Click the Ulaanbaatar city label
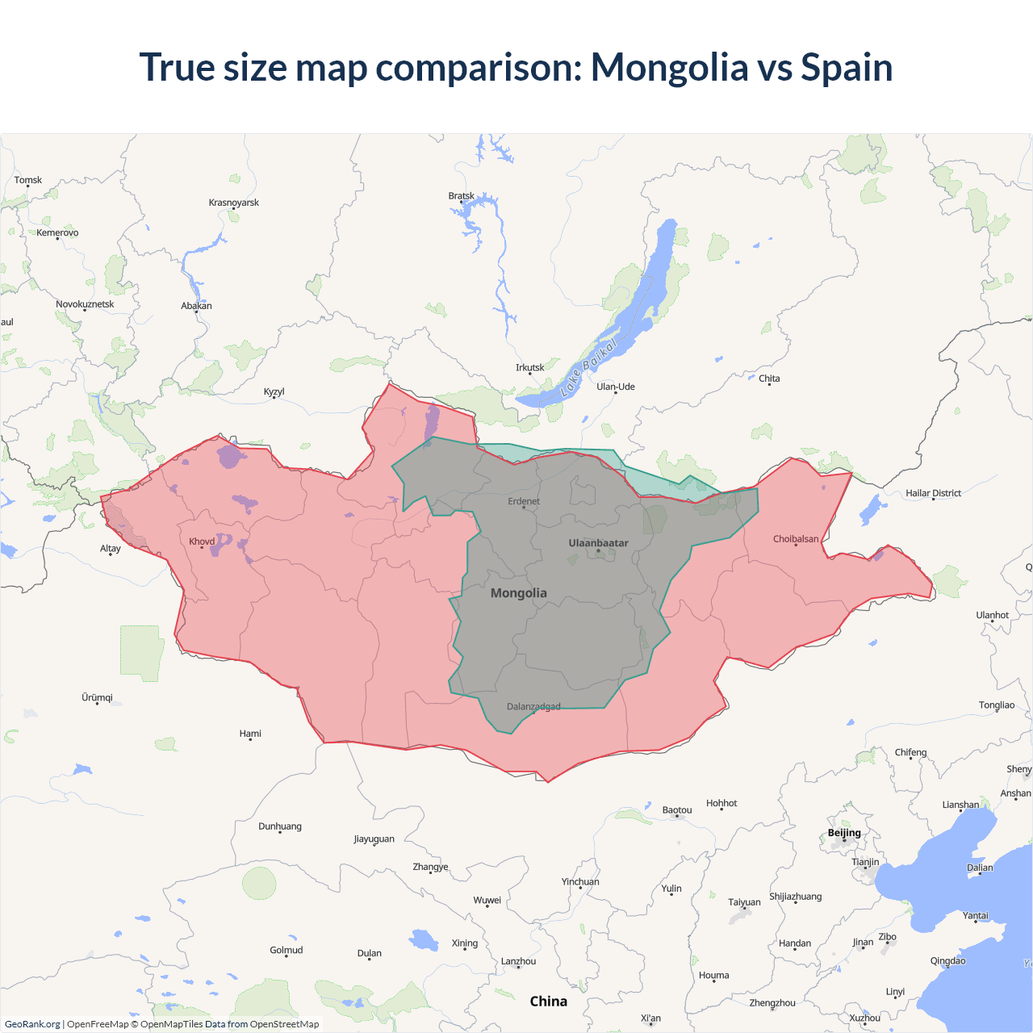coord(598,543)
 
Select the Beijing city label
coord(844,833)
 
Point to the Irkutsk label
coord(530,368)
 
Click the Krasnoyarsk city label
coord(234,203)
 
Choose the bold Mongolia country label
coord(519,593)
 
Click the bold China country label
coord(549,1002)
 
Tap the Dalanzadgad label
coord(533,707)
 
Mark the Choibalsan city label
coord(796,539)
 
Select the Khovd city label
coord(202,542)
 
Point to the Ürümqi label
coord(98,697)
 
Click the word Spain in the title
coord(847,67)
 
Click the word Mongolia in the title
coord(669,67)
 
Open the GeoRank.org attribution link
coord(32,1024)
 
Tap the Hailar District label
coord(933,493)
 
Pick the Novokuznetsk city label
coord(85,304)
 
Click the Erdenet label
coord(524,501)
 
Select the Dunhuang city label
coord(280,826)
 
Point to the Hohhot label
coord(721,803)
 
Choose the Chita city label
coord(769,378)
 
